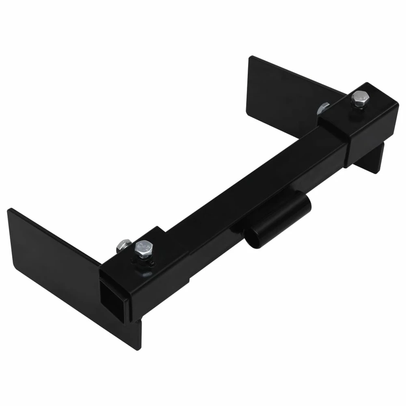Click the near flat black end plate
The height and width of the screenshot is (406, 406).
point(53,264)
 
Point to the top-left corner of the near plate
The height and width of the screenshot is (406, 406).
point(9,209)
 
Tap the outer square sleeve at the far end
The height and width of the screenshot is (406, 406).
point(365,122)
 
